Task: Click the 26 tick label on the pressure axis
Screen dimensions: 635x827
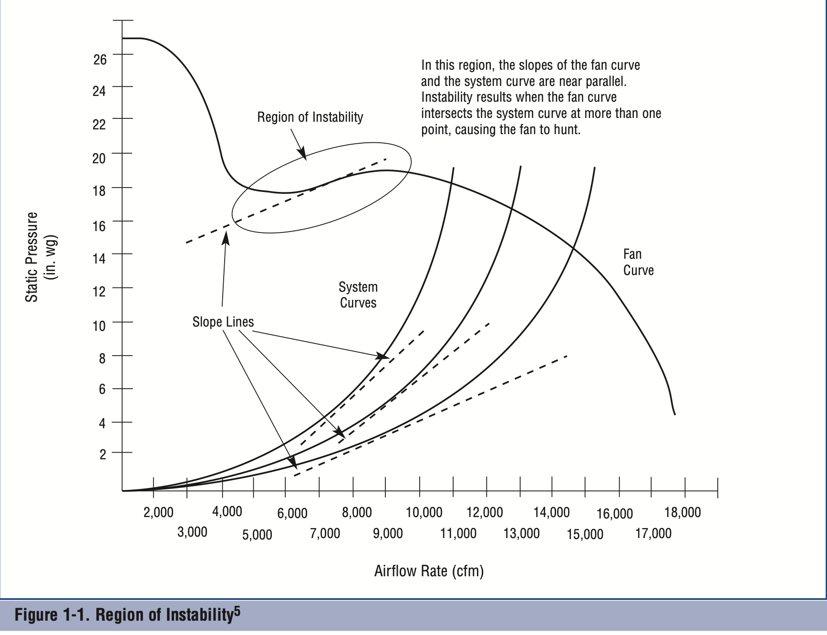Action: coord(100,59)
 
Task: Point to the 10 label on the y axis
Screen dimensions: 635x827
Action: coord(99,326)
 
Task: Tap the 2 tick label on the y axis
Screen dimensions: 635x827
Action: coord(103,454)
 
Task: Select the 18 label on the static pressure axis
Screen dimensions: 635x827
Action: coord(99,191)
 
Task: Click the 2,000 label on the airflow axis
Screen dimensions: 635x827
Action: coord(158,513)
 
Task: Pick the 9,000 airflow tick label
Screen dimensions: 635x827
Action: coord(388,533)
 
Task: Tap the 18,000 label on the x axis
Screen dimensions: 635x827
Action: coord(682,513)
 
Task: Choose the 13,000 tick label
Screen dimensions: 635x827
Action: coord(521,533)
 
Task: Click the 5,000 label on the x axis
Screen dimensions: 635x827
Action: coord(257,535)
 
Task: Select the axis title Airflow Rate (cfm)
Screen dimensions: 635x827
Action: coord(429,571)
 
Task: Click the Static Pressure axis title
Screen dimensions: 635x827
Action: coord(31,257)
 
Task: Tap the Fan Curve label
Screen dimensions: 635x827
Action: coord(638,262)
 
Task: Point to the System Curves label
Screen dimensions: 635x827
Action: coord(358,295)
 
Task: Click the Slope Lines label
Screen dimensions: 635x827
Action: coord(223,322)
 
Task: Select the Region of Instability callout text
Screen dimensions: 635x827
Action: coord(310,117)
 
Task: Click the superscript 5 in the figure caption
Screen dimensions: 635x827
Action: coord(237,611)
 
